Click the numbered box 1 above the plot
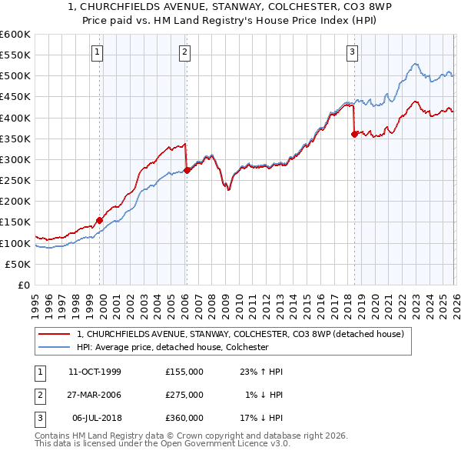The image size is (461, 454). (x=98, y=52)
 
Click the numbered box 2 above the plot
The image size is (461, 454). (x=186, y=52)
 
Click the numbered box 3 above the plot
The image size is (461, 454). (x=352, y=52)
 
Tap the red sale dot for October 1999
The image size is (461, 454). (x=100, y=220)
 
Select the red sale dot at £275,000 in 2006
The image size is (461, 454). (x=187, y=170)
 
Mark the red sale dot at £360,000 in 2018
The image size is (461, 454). (x=354, y=134)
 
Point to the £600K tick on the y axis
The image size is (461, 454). (x=15, y=35)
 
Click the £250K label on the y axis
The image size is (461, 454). (x=15, y=180)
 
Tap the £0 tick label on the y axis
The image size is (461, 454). (x=23, y=285)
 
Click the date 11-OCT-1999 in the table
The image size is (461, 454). (x=95, y=372)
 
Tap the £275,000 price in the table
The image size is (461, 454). (x=184, y=395)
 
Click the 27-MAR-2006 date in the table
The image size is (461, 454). (x=95, y=395)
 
